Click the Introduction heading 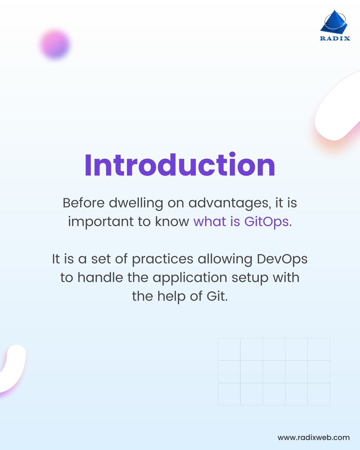(x=180, y=165)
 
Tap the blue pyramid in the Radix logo (x=334, y=22)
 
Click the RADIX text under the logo (x=335, y=38)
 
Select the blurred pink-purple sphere (x=55, y=44)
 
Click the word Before (x=84, y=203)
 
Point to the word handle (x=100, y=277)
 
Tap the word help (x=171, y=297)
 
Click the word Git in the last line (x=217, y=296)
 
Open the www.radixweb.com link (x=314, y=437)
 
